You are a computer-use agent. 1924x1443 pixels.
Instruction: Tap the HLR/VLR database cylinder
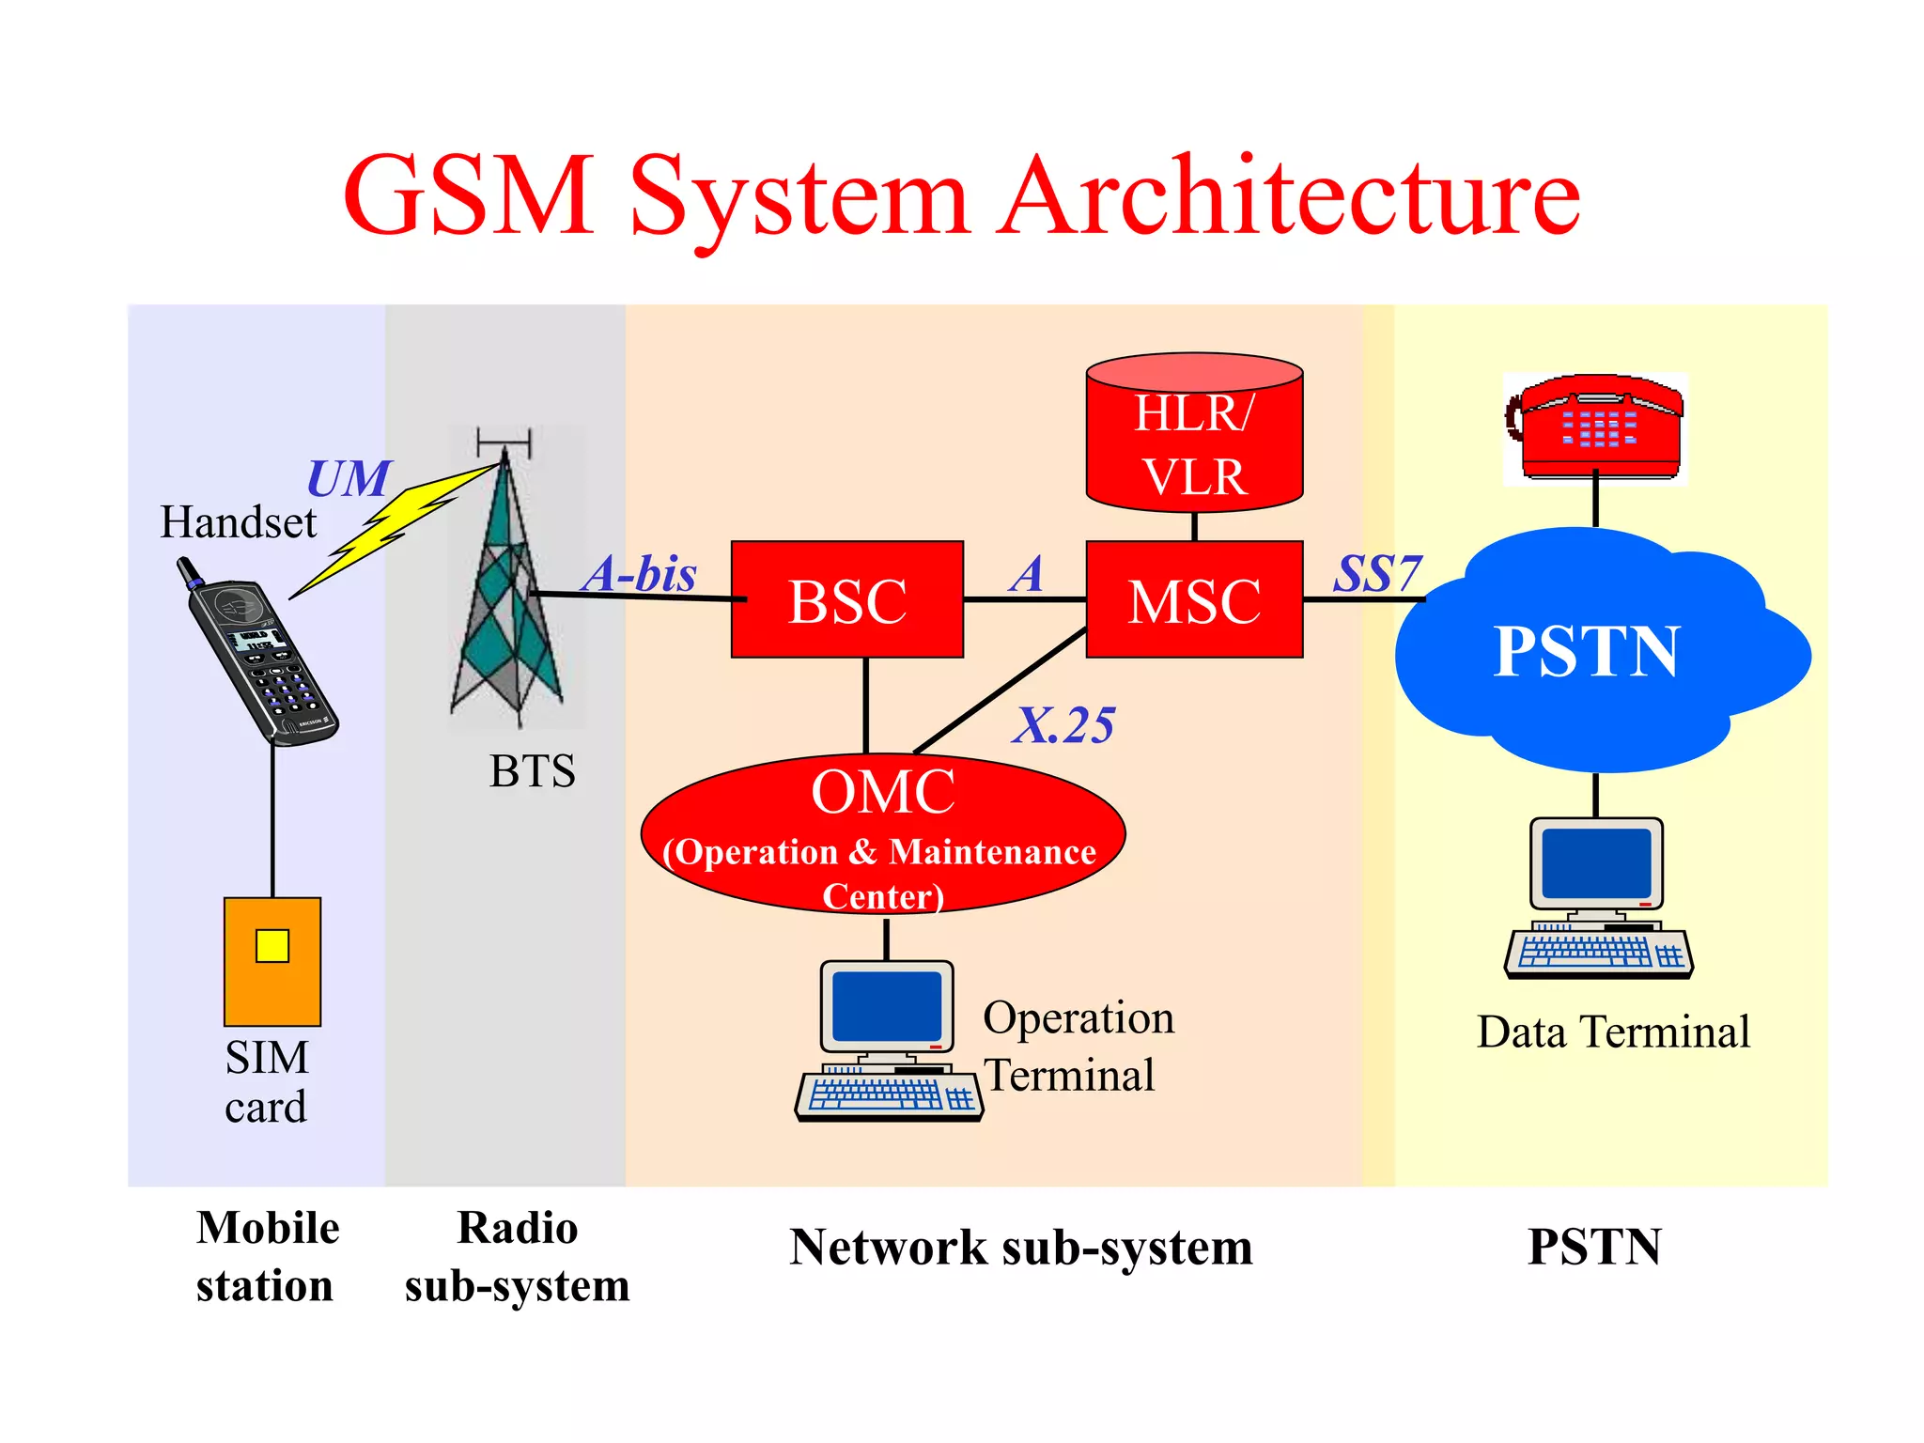coord(1194,437)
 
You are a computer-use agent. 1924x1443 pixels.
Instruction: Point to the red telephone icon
coord(1596,427)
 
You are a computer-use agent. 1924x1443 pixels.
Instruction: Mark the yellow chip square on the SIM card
coord(272,946)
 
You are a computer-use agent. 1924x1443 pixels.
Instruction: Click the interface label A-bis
coord(641,573)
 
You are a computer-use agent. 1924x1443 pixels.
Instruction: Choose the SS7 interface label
coord(1377,573)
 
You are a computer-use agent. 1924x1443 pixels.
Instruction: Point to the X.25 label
coord(1064,725)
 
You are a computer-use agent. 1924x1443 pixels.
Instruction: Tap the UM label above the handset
coord(348,479)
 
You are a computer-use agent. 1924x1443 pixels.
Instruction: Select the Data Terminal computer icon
coord(1598,898)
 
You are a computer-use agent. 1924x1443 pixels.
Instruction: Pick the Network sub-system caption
coord(1021,1248)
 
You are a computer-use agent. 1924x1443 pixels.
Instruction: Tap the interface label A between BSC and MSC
coord(1028,573)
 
